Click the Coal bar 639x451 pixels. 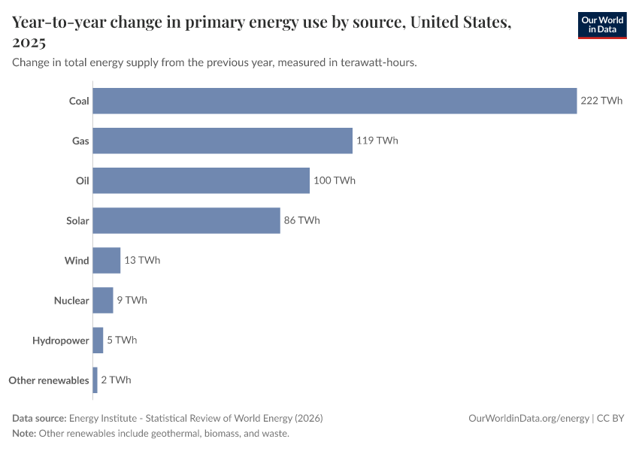coord(335,101)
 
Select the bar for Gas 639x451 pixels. coord(223,141)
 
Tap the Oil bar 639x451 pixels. coord(201,180)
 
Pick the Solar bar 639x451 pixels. coord(186,220)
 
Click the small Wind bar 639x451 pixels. coord(106,260)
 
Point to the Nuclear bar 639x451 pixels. coord(103,300)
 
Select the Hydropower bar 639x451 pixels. coord(98,341)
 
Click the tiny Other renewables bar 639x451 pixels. coord(95,380)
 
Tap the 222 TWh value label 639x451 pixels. coord(601,101)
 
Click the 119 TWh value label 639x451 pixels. coord(377,141)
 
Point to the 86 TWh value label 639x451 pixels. coord(302,220)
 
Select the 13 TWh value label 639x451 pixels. coord(142,260)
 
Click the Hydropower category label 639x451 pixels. coord(61,341)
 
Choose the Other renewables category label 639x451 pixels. coord(49,380)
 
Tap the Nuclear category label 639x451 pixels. coord(71,301)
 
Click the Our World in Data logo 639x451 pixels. coord(602,26)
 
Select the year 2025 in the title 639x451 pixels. coord(29,42)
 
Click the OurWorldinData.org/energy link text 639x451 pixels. coord(529,419)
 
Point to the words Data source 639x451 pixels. coord(39,419)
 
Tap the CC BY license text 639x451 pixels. coord(610,419)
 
